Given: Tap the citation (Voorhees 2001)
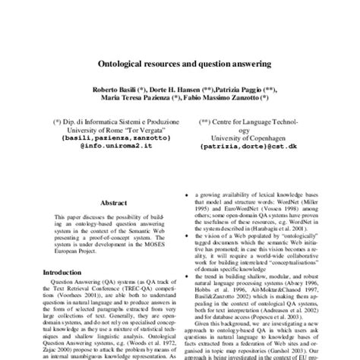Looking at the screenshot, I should [79, 298].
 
